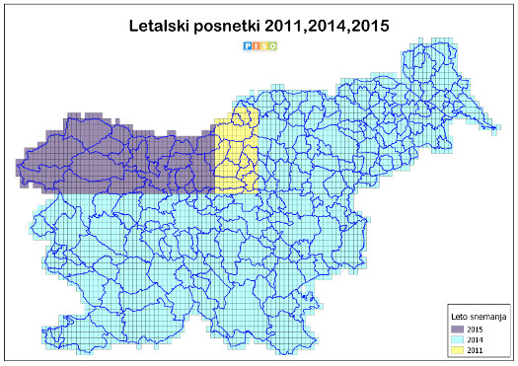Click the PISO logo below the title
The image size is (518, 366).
click(x=259, y=44)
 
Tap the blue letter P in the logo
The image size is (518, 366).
click(x=247, y=44)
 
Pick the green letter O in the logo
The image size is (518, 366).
click(x=270, y=44)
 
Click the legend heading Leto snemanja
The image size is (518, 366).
click(x=478, y=315)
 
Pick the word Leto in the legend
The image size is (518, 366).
click(x=458, y=315)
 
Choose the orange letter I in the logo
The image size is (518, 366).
click(x=255, y=44)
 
